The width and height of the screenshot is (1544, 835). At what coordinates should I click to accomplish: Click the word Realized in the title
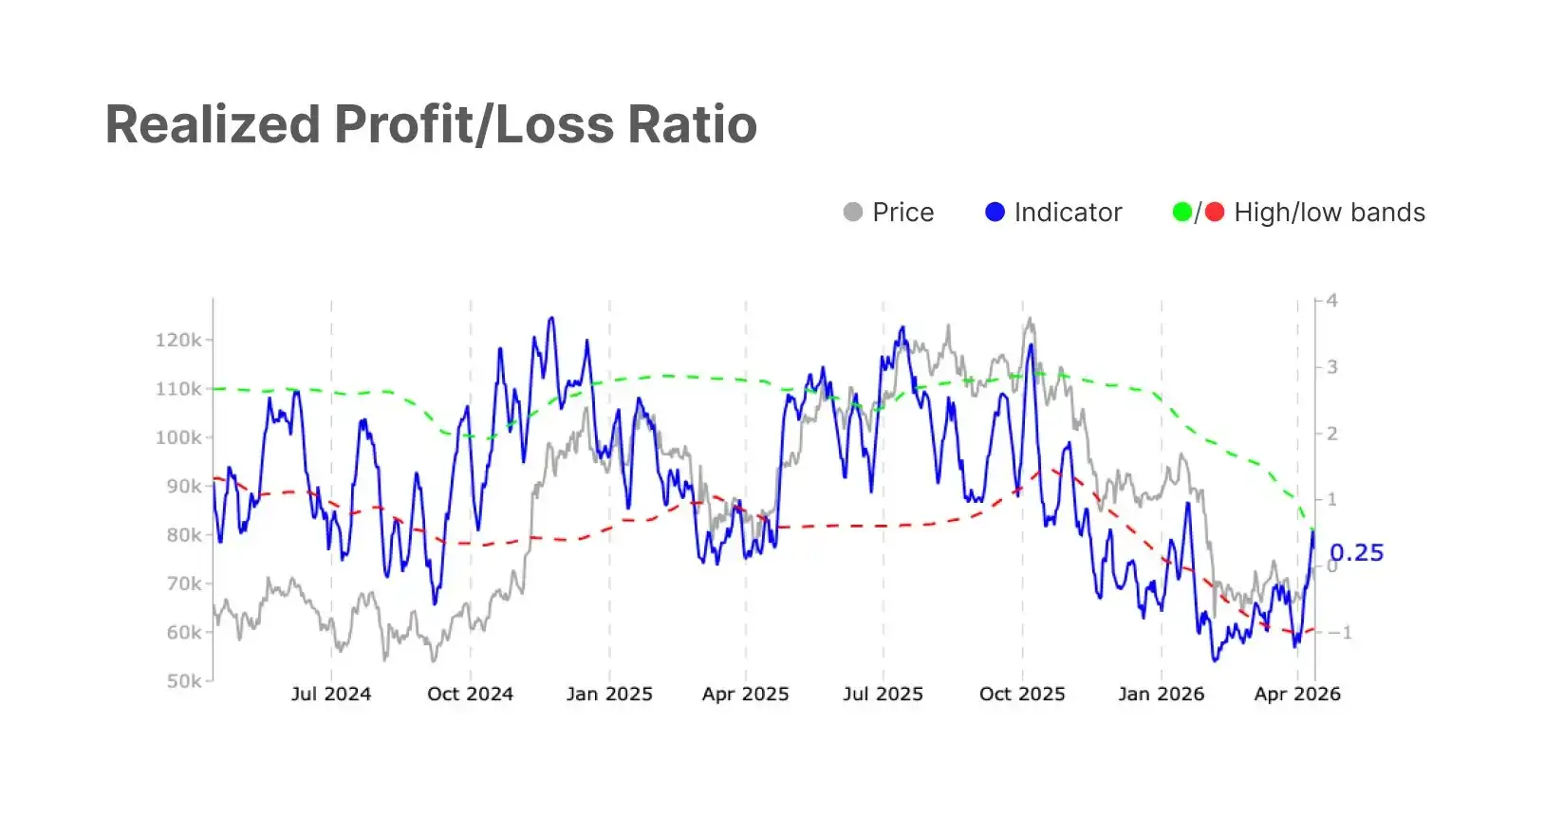(x=213, y=124)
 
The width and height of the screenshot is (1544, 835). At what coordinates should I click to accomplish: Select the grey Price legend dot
(x=853, y=212)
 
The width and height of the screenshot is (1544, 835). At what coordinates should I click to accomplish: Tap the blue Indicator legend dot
(x=995, y=212)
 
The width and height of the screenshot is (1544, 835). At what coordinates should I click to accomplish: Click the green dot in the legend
(x=1182, y=212)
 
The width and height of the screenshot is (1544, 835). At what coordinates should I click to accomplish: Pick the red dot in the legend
(x=1215, y=212)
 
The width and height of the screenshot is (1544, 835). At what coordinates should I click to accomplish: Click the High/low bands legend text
(x=1330, y=213)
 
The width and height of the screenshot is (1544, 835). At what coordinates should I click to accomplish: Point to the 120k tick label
(x=178, y=340)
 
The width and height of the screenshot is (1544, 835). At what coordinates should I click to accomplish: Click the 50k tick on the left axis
(x=184, y=681)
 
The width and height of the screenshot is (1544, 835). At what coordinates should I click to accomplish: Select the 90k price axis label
(x=184, y=487)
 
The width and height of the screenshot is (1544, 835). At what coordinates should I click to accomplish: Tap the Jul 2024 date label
(x=331, y=694)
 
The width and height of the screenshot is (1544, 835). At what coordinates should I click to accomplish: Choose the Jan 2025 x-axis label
(x=609, y=694)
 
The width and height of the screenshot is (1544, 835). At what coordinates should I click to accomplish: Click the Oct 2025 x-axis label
(x=1022, y=694)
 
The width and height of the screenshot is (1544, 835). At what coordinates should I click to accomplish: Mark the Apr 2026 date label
(x=1297, y=694)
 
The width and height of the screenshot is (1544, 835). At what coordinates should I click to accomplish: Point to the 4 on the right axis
(x=1332, y=301)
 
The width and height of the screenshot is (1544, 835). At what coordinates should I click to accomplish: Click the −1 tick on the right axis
(x=1339, y=633)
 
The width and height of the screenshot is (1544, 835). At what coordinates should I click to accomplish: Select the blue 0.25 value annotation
(x=1357, y=553)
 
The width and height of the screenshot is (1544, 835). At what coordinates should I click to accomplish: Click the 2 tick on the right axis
(x=1332, y=434)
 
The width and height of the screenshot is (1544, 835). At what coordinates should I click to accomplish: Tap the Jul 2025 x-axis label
(x=883, y=694)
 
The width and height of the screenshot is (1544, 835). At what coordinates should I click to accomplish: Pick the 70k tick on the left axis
(x=184, y=584)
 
